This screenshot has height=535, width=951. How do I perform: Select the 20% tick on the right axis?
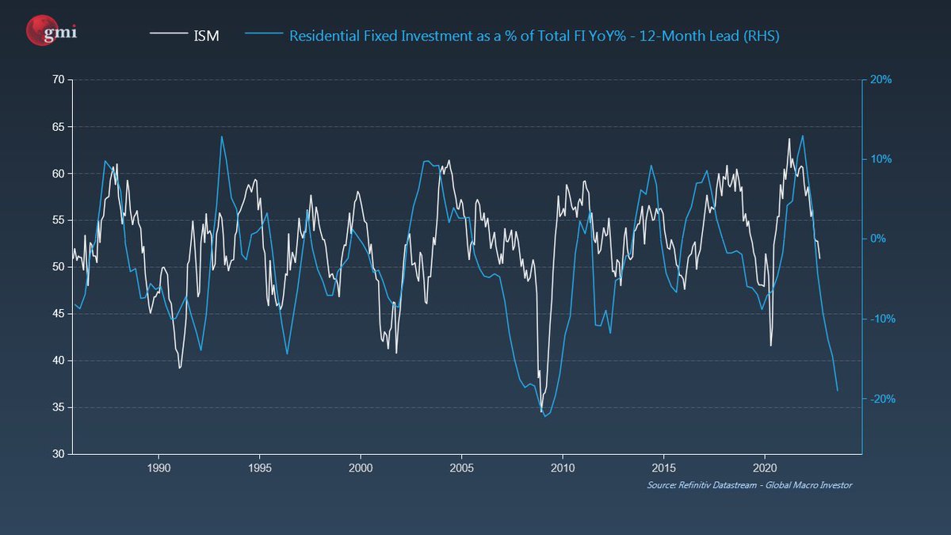[x=881, y=80]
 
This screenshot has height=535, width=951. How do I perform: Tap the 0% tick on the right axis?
[x=879, y=239]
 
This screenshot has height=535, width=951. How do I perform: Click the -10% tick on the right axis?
[x=881, y=319]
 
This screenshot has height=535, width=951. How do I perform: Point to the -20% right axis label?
[x=881, y=399]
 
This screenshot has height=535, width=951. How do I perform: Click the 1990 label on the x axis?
[x=158, y=468]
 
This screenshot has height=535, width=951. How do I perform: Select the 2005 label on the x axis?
[x=462, y=468]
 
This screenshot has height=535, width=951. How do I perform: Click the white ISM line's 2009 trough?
[x=541, y=411]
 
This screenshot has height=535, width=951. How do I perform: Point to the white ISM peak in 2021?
[x=789, y=139]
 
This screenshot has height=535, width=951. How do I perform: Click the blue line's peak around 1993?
[x=221, y=136]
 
